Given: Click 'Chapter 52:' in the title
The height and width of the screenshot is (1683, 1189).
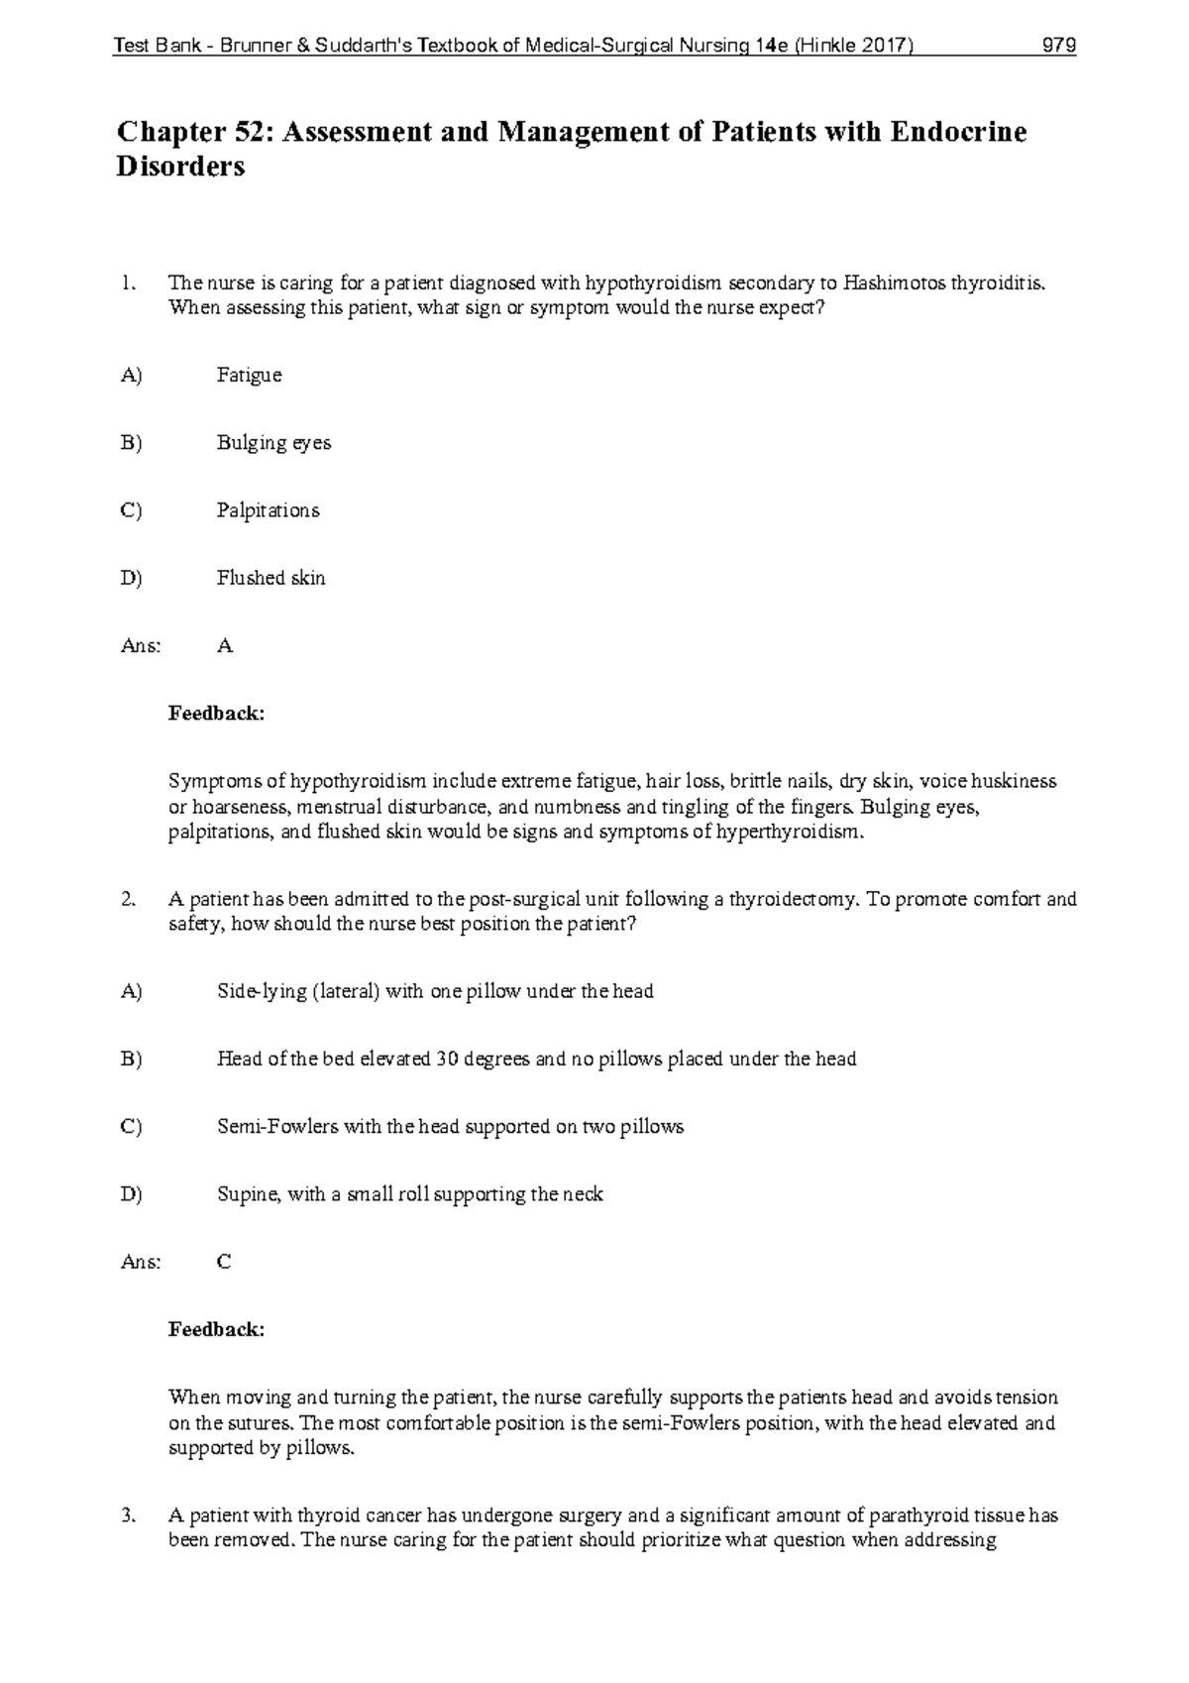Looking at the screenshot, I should (x=194, y=132).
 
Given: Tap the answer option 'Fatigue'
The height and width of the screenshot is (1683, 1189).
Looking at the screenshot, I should (x=249, y=376).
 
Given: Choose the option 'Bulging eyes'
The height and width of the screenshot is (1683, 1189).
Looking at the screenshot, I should (x=273, y=443).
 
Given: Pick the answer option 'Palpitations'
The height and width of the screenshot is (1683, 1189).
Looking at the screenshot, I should (x=268, y=510).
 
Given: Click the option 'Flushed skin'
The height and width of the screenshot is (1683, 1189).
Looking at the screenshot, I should (x=270, y=578).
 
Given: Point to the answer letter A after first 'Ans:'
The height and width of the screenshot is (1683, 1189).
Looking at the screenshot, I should (x=225, y=646).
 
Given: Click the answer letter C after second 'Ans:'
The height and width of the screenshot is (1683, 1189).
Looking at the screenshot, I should (x=224, y=1262).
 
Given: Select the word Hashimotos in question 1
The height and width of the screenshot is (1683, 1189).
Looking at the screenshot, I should (x=895, y=283).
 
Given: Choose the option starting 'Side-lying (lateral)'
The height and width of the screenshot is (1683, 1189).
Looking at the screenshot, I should (x=435, y=991).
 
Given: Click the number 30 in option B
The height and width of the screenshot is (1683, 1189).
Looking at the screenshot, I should (x=446, y=1060).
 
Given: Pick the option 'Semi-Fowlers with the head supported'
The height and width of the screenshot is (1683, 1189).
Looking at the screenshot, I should (x=450, y=1127).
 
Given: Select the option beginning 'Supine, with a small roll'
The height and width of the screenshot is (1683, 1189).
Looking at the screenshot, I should (x=409, y=1194).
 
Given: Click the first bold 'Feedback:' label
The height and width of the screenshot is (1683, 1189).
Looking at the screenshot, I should (x=216, y=714).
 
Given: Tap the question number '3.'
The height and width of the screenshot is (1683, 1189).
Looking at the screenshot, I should (x=127, y=1515).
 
